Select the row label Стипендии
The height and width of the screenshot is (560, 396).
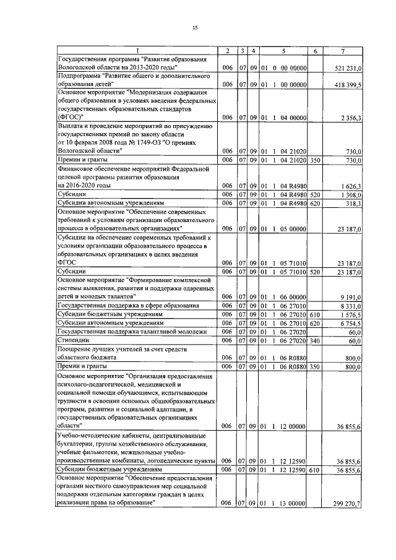point(73,340)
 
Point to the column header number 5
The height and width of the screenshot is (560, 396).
point(283,50)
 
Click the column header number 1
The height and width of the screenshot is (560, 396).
point(137,50)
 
